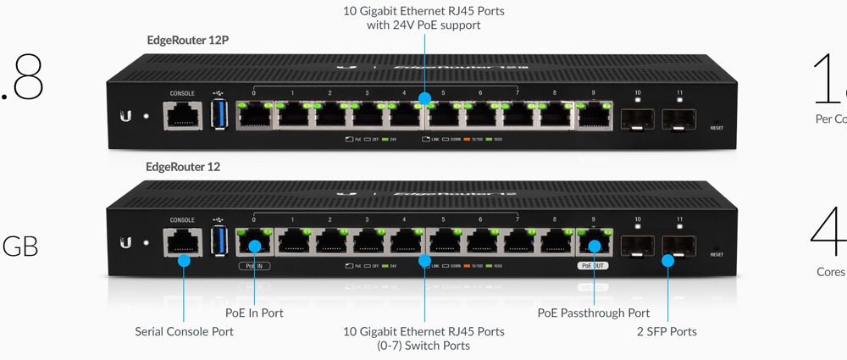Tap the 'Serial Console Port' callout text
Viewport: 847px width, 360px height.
pyautogui.click(x=184, y=331)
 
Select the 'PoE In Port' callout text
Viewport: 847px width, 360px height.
pyautogui.click(x=253, y=313)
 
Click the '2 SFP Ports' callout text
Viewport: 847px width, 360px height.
pyautogui.click(x=667, y=331)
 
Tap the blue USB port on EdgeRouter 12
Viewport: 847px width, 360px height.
pyautogui.click(x=219, y=241)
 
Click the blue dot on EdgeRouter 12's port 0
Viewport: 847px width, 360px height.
pyautogui.click(x=253, y=247)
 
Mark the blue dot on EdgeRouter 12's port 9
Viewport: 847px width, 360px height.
pyautogui.click(x=594, y=246)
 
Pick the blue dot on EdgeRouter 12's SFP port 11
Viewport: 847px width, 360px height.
pyautogui.click(x=667, y=260)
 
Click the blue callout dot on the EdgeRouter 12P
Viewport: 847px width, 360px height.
pyautogui.click(x=423, y=98)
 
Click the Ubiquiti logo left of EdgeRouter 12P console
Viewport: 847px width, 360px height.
pyautogui.click(x=125, y=116)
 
